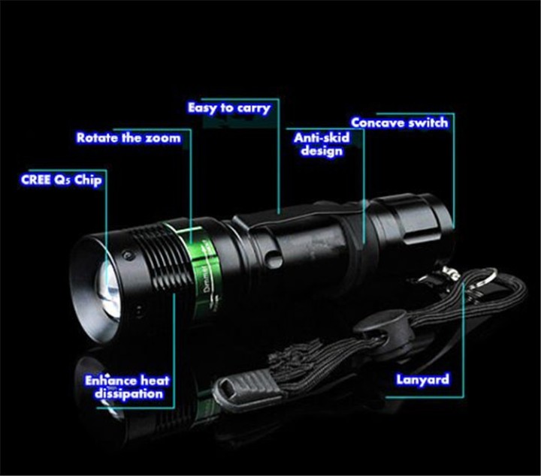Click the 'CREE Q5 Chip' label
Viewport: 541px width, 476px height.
pos(61,180)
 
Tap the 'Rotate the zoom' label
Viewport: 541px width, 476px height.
pos(128,137)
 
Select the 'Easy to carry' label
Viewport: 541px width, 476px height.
pos(228,108)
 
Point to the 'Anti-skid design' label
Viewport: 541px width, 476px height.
pos(322,144)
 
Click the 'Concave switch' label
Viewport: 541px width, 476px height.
pos(399,122)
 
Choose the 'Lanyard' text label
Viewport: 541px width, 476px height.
pos(422,379)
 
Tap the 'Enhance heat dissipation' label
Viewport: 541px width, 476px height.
pos(127,387)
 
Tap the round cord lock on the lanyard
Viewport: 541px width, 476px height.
pos(381,327)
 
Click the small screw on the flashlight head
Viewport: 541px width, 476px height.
pos(127,255)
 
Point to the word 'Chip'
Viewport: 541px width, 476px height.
pos(89,181)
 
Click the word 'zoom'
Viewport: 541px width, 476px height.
pos(163,138)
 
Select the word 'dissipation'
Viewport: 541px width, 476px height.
pos(128,394)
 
